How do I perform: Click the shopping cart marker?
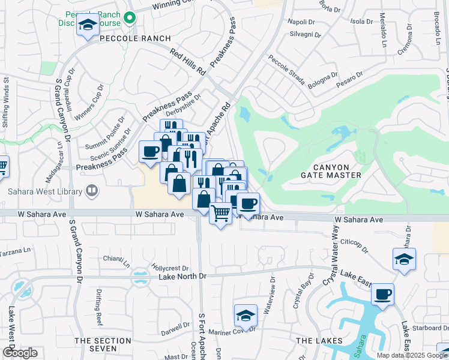[x=221, y=213]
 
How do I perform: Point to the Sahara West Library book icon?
[x=92, y=192]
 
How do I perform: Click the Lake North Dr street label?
[x=182, y=276]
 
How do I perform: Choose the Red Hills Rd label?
[x=188, y=62]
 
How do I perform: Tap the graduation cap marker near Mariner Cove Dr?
[x=246, y=315]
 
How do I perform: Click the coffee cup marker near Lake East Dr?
[x=382, y=295]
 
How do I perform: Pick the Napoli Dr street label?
[x=301, y=22]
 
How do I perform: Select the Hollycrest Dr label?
[x=170, y=268]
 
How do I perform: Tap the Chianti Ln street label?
[x=116, y=260]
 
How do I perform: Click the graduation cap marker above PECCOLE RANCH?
[x=88, y=25]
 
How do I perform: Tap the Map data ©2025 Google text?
[x=412, y=355]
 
